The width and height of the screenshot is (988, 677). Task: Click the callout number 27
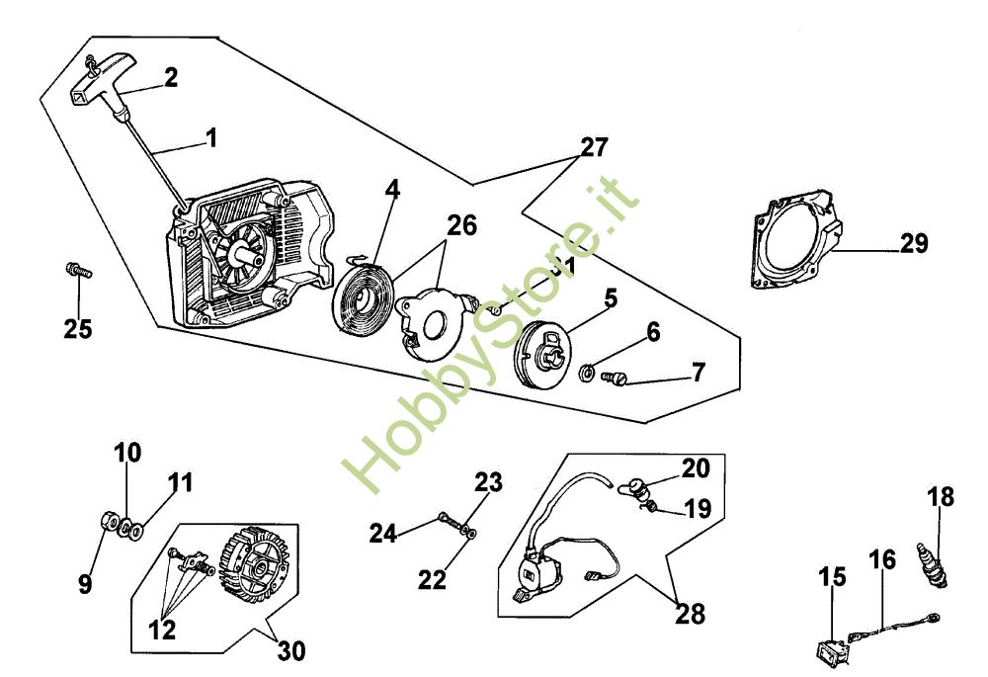[594, 149]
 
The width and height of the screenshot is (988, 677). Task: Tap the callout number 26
[460, 225]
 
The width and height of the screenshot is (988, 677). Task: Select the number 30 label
[291, 651]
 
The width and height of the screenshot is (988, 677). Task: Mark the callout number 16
[882, 560]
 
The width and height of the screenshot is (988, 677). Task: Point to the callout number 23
[488, 483]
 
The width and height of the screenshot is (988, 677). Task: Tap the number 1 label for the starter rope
[210, 137]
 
